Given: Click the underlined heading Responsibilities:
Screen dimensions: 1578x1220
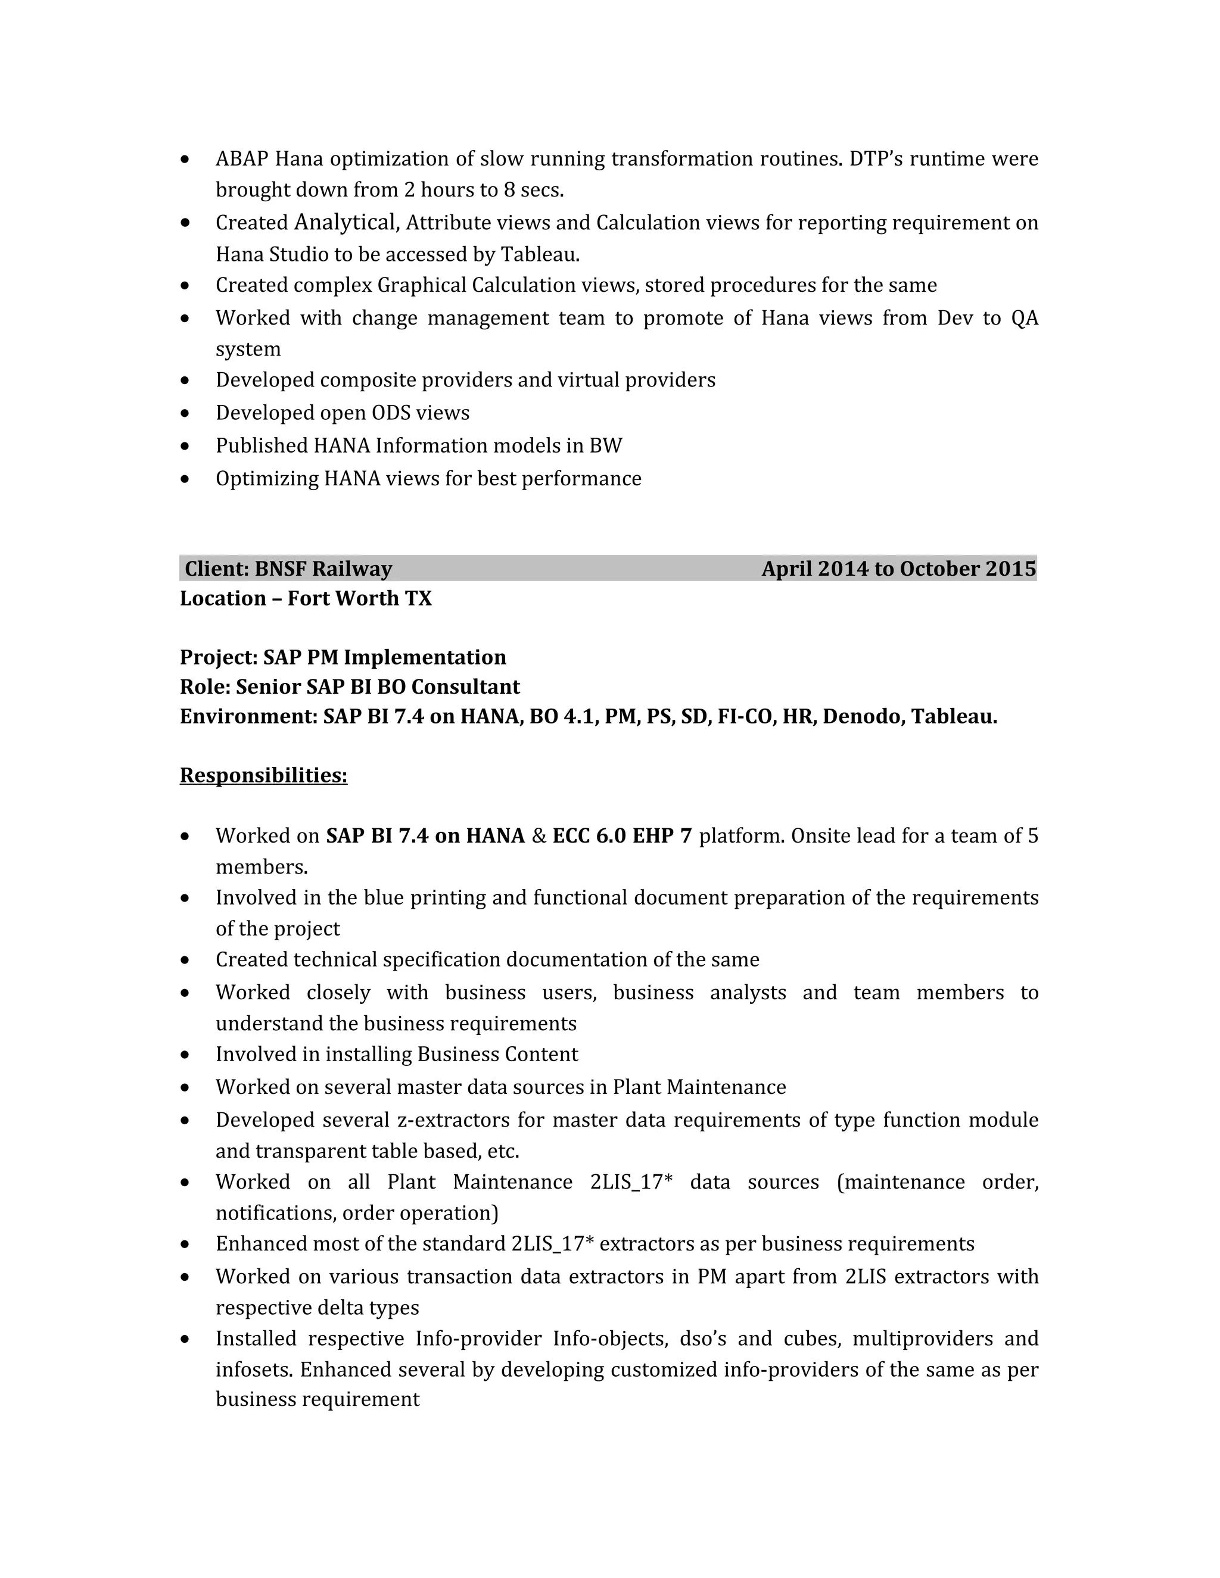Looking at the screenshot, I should click(263, 775).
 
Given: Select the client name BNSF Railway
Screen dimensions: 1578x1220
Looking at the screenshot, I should click(323, 569).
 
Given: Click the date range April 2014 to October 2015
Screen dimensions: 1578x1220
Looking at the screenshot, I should click(898, 569).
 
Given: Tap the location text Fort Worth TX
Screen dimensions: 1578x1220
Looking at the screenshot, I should click(359, 598).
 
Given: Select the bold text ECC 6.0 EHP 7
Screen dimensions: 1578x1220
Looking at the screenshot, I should click(621, 835).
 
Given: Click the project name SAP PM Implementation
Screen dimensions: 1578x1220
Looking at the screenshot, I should click(384, 657).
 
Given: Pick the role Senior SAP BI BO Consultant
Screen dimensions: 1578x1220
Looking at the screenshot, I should click(377, 687).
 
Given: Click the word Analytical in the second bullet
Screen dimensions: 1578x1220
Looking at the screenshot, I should click(345, 222).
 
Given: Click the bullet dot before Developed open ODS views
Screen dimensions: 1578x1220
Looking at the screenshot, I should click(186, 413).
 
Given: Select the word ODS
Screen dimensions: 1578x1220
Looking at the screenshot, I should click(391, 413).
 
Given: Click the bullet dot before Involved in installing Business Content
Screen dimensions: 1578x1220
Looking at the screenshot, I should click(186, 1055).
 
